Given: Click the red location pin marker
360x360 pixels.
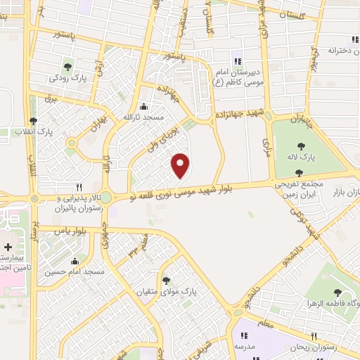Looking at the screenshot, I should tap(181, 165).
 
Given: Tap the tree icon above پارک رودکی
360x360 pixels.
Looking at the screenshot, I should tap(67, 67).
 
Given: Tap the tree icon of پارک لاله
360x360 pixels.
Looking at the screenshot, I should tap(302, 146).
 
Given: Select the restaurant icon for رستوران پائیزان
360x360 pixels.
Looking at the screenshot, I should tap(79, 187).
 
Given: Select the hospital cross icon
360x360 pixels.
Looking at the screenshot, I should tap(8, 247).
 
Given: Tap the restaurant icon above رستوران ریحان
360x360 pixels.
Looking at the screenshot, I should tap(314, 336).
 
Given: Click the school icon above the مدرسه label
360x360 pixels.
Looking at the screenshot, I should tap(245, 336).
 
